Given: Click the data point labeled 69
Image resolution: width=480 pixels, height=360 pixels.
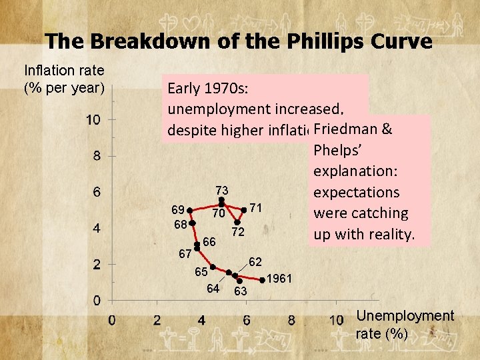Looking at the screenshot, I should (x=190, y=210).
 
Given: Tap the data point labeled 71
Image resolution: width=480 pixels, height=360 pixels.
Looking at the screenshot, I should (x=244, y=210).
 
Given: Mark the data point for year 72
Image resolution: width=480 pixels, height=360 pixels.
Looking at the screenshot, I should (x=237, y=223).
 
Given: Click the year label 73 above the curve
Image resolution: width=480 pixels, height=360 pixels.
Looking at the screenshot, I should (x=222, y=191).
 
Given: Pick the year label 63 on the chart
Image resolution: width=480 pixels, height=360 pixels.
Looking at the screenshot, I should (x=240, y=291).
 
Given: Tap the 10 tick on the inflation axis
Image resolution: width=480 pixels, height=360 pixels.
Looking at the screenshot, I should (x=93, y=120).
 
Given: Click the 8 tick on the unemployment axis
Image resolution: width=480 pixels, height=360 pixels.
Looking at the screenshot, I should (x=291, y=320).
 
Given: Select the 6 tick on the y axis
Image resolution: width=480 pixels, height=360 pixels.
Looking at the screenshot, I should (x=96, y=192).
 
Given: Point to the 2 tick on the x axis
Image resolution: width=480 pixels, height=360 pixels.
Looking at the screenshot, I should (x=157, y=320).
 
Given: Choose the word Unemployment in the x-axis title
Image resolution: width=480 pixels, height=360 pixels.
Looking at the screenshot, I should (x=405, y=316).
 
